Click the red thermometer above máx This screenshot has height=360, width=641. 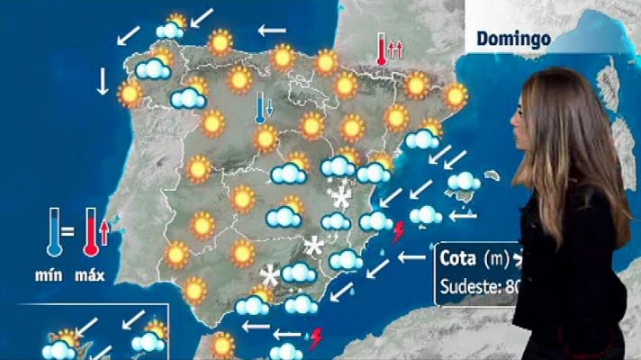click(90, 233)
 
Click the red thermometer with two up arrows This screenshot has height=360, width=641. click(383, 49)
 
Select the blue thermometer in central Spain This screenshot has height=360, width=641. click(259, 106)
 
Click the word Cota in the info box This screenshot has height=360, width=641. click(457, 257)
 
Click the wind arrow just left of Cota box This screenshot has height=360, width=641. click(411, 257)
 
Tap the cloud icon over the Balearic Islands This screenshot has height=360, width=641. click(464, 182)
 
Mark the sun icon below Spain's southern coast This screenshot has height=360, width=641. click(221, 345)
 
